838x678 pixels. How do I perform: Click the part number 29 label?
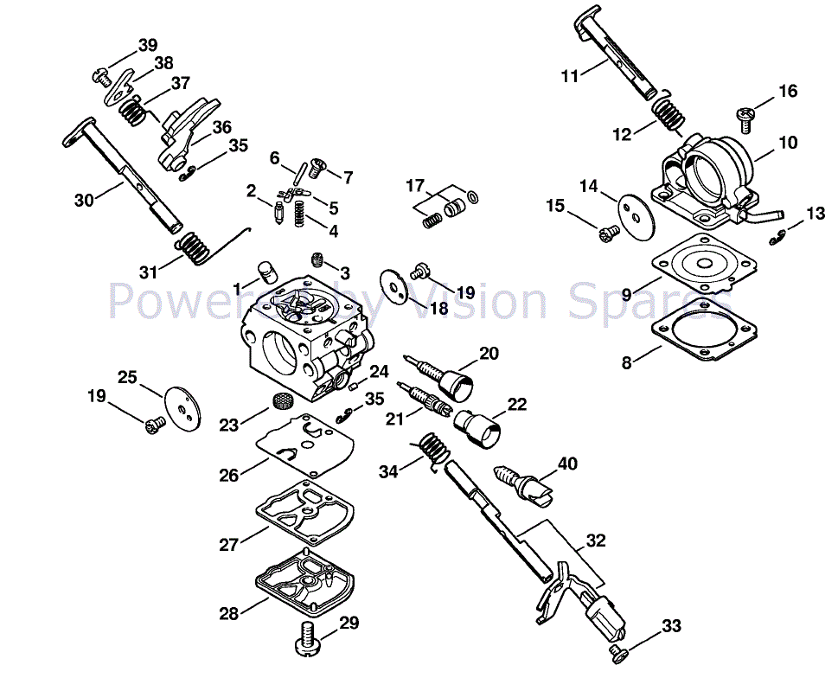349,623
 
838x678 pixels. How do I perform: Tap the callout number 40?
566,464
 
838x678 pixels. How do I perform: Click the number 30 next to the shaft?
84,200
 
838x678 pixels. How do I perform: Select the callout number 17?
415,185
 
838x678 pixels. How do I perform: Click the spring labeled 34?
432,450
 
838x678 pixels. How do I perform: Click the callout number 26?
228,476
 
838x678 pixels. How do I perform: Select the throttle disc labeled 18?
393,286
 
